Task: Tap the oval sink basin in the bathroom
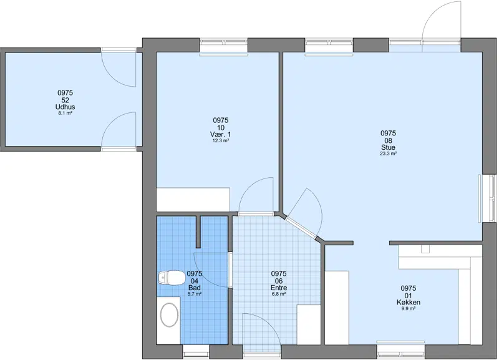pos(169,314)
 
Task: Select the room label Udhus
pos(65,107)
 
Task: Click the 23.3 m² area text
pos(388,153)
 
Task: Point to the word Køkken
pos(409,303)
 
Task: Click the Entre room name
pos(279,288)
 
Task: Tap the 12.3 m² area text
pos(221,140)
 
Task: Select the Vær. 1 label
pos(221,134)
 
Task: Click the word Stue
pos(388,147)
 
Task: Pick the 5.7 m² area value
pos(194,294)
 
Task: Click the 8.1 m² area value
pos(65,113)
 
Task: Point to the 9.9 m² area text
pos(409,308)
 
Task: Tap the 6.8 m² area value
pos(279,294)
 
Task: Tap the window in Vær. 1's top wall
pos(223,46)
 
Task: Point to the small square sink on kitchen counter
pos(425,249)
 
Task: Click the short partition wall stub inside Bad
pos(198,231)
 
